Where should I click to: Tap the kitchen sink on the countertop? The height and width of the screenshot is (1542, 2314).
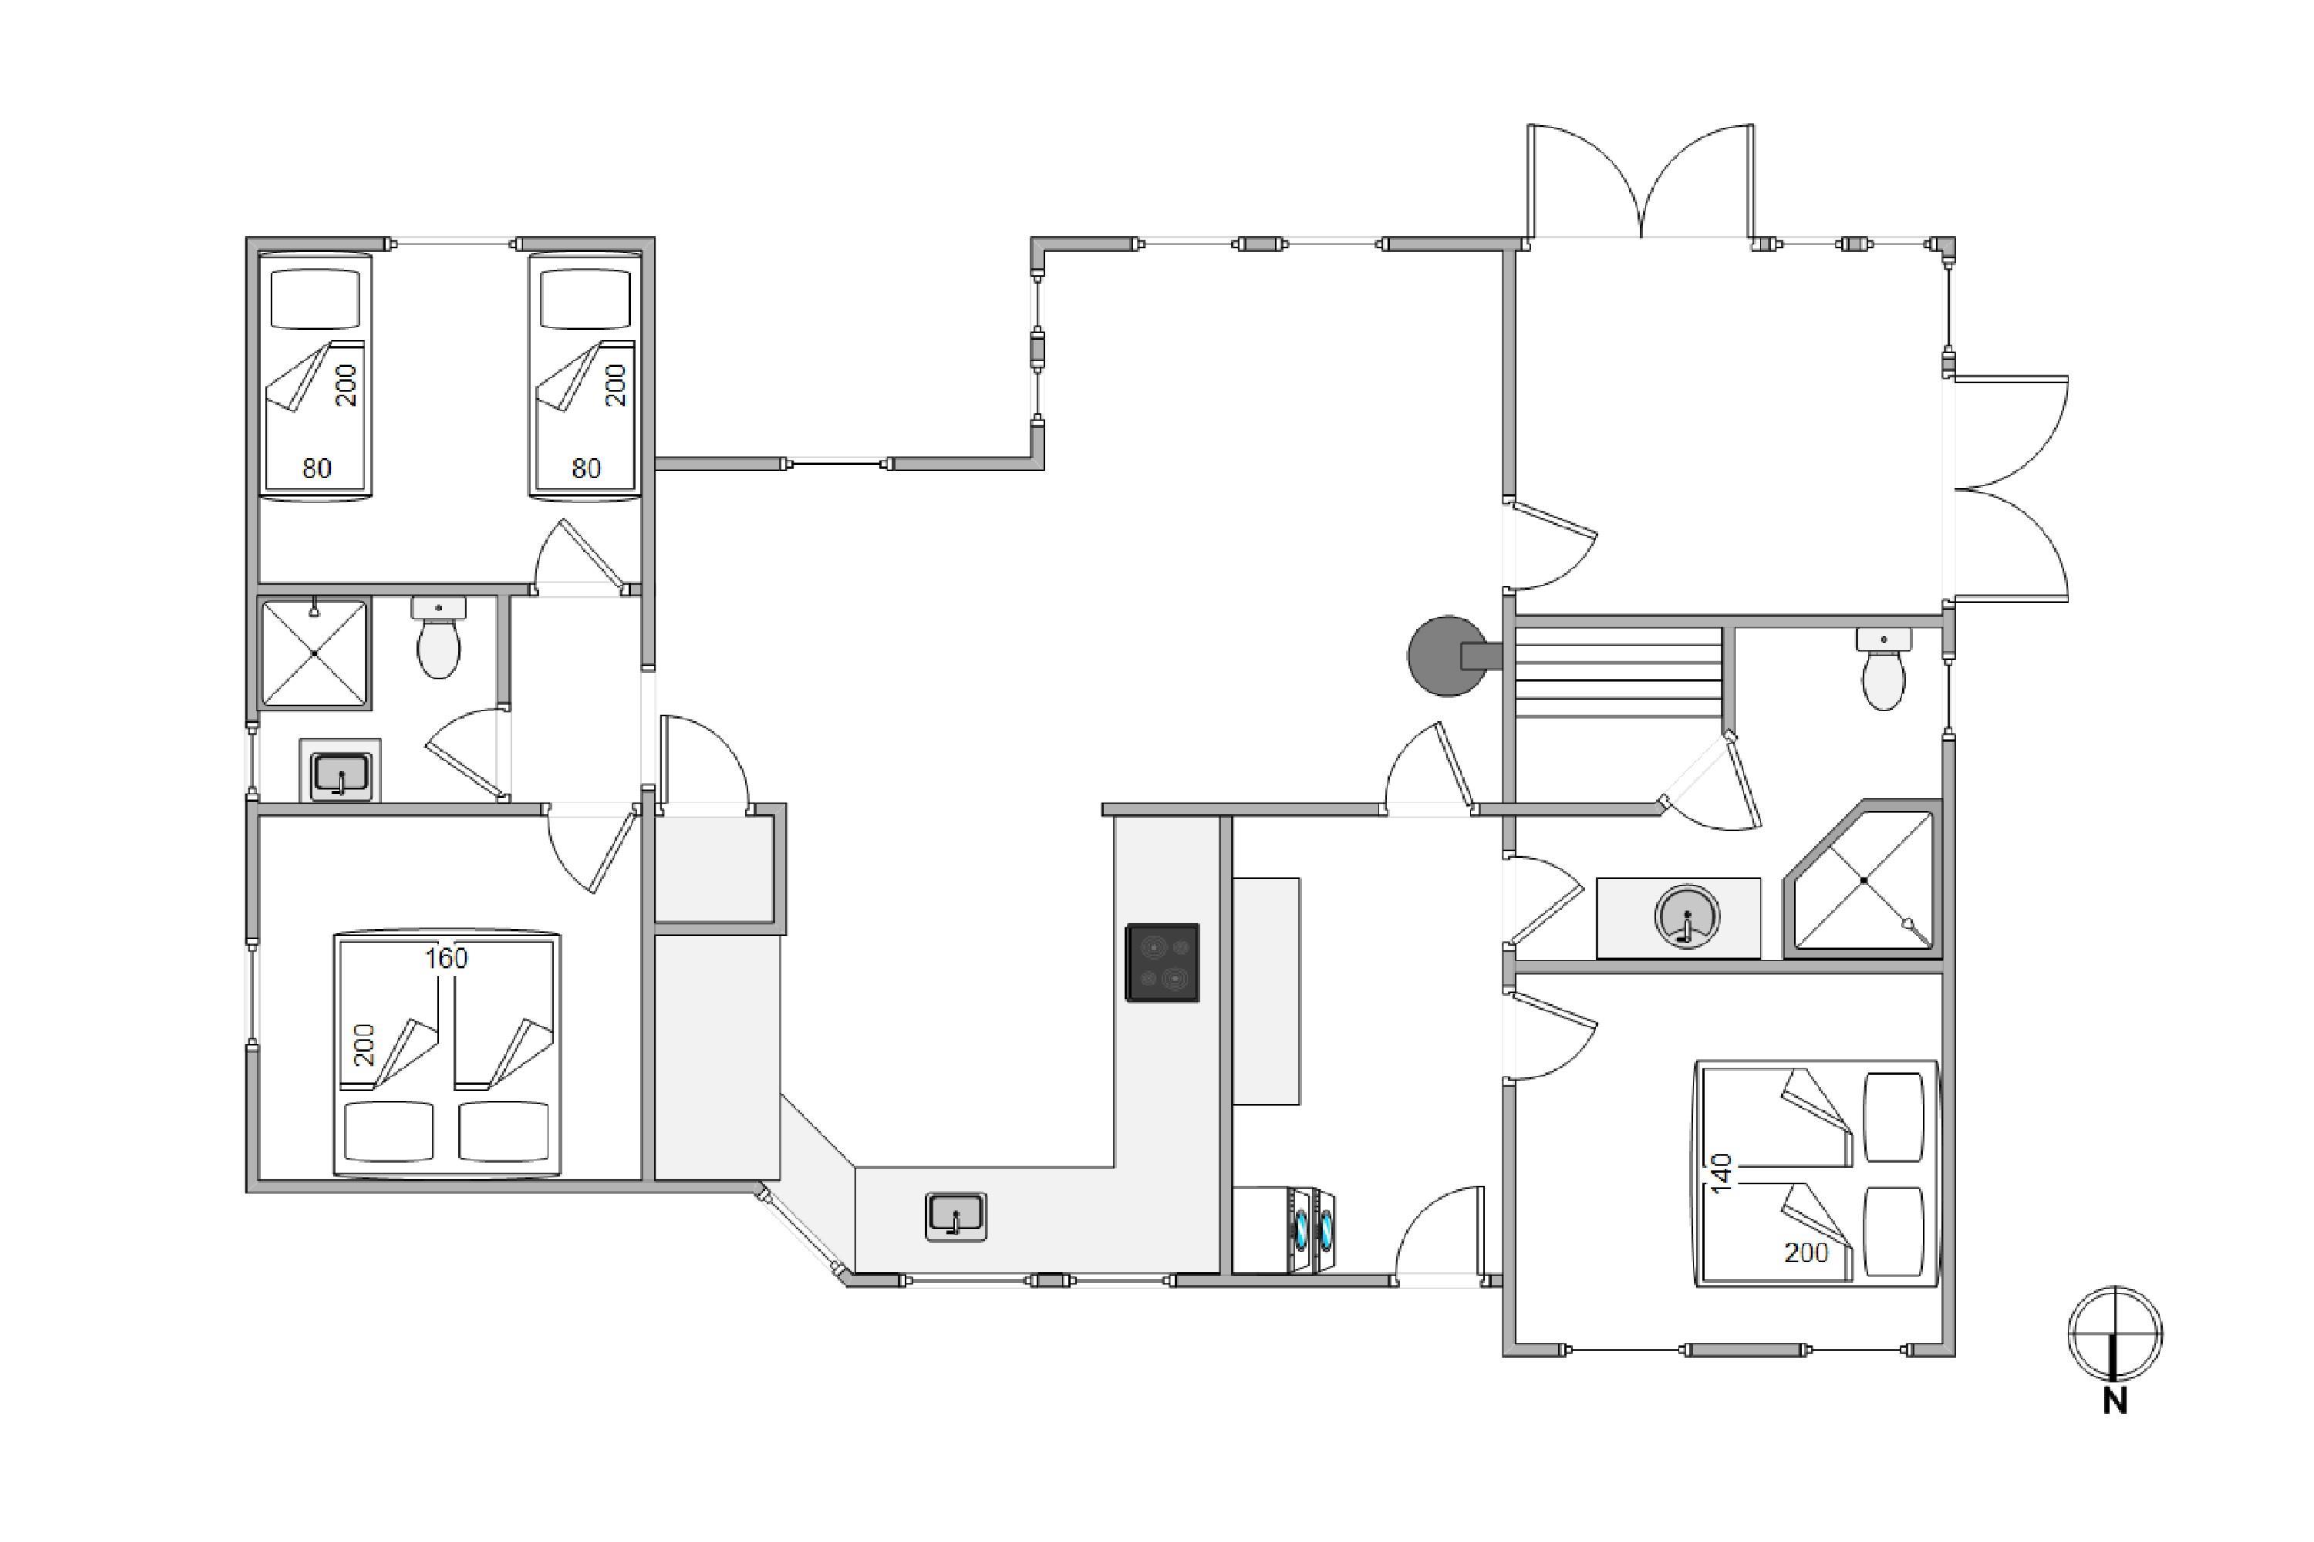956,1217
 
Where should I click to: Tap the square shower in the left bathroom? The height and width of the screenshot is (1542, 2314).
315,653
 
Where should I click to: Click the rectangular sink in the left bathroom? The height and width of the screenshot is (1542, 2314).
340,774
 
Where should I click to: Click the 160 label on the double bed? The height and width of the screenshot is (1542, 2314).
446,958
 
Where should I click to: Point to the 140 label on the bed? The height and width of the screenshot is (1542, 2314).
1722,1174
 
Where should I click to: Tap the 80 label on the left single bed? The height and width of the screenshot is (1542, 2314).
317,468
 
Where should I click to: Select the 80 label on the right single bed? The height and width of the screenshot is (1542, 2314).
586,468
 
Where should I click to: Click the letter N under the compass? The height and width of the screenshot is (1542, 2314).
2115,1402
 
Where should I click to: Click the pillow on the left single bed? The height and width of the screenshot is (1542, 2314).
315,299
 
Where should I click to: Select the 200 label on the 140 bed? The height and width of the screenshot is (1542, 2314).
1806,1253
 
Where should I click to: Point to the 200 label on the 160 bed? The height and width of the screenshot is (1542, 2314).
364,1045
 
